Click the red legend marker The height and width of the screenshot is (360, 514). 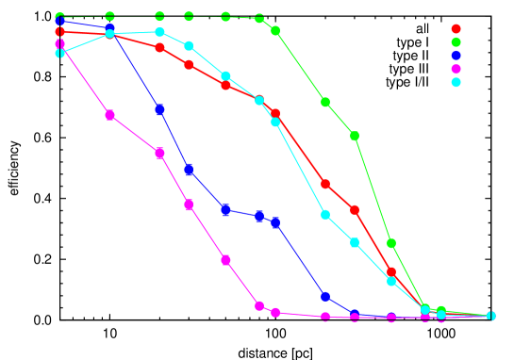click(456, 29)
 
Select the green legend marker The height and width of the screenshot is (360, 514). click(456, 42)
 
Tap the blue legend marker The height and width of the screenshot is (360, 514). click(456, 56)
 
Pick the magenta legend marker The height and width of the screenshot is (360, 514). click(456, 69)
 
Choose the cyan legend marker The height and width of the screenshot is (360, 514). click(456, 82)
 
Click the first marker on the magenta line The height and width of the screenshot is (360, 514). click(60, 44)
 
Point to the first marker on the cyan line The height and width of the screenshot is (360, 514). click(60, 53)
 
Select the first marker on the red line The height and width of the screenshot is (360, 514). click(60, 32)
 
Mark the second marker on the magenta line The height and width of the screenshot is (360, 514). click(109, 115)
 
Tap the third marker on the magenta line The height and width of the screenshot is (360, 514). click(159, 153)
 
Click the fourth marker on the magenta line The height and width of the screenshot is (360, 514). click(189, 205)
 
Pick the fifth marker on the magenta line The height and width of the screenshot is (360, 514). click(225, 260)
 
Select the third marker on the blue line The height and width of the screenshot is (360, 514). click(159, 109)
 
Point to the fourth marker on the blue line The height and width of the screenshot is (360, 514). click(189, 171)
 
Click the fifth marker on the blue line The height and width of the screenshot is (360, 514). click(225, 209)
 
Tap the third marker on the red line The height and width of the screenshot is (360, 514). click(159, 47)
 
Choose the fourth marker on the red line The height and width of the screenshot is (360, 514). click(189, 65)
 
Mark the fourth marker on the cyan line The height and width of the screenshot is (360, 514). click(189, 45)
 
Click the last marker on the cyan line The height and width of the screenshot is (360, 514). click(490, 316)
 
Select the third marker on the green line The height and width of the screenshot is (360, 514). click(159, 16)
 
